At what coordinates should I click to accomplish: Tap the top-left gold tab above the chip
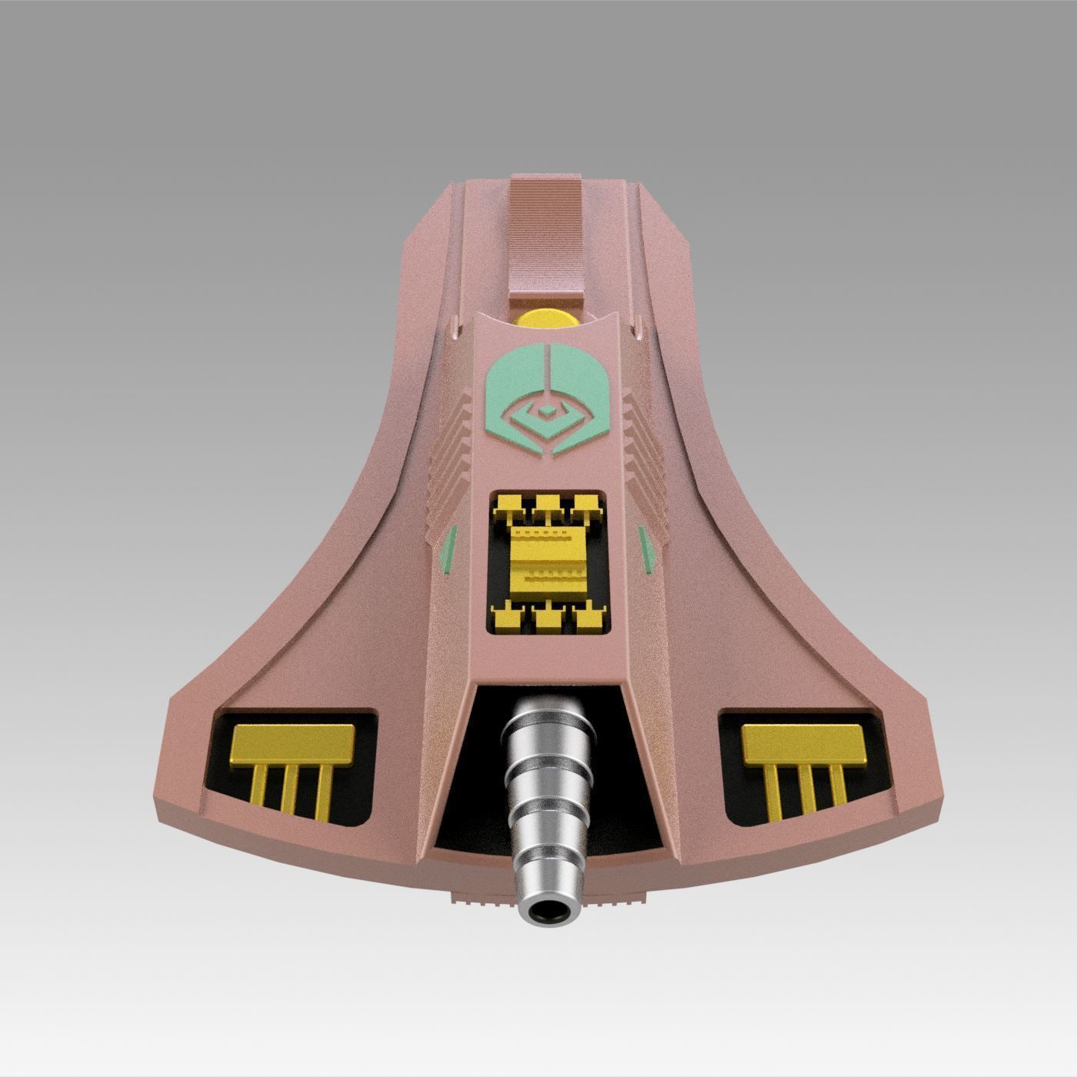coord(508,505)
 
